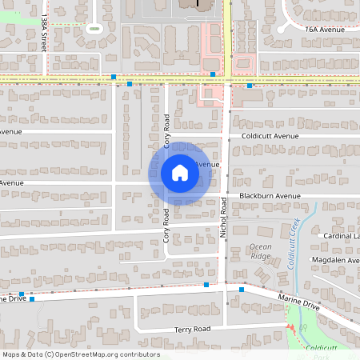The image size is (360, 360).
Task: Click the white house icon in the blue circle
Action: click(x=179, y=173)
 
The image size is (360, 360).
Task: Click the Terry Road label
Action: click(x=192, y=329)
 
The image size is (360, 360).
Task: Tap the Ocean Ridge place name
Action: click(x=260, y=250)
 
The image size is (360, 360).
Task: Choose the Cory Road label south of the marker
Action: click(x=167, y=225)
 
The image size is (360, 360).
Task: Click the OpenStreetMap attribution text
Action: click(x=81, y=354)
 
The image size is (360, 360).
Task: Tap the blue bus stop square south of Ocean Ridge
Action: click(x=242, y=290)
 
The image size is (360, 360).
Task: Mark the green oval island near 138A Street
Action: click(x=94, y=29)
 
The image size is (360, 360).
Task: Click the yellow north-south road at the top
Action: click(x=227, y=32)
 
